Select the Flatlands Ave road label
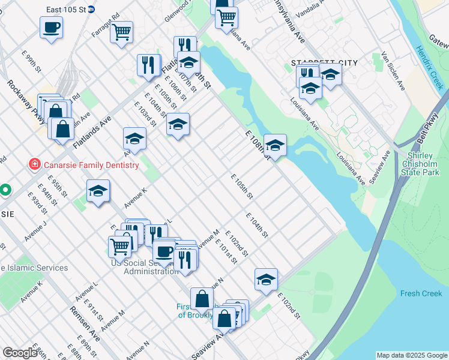92,133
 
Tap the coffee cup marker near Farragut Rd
51,27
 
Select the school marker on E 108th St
274,145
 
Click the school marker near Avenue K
98,191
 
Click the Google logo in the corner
19,353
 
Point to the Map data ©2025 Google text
411,355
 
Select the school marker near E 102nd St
266,280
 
